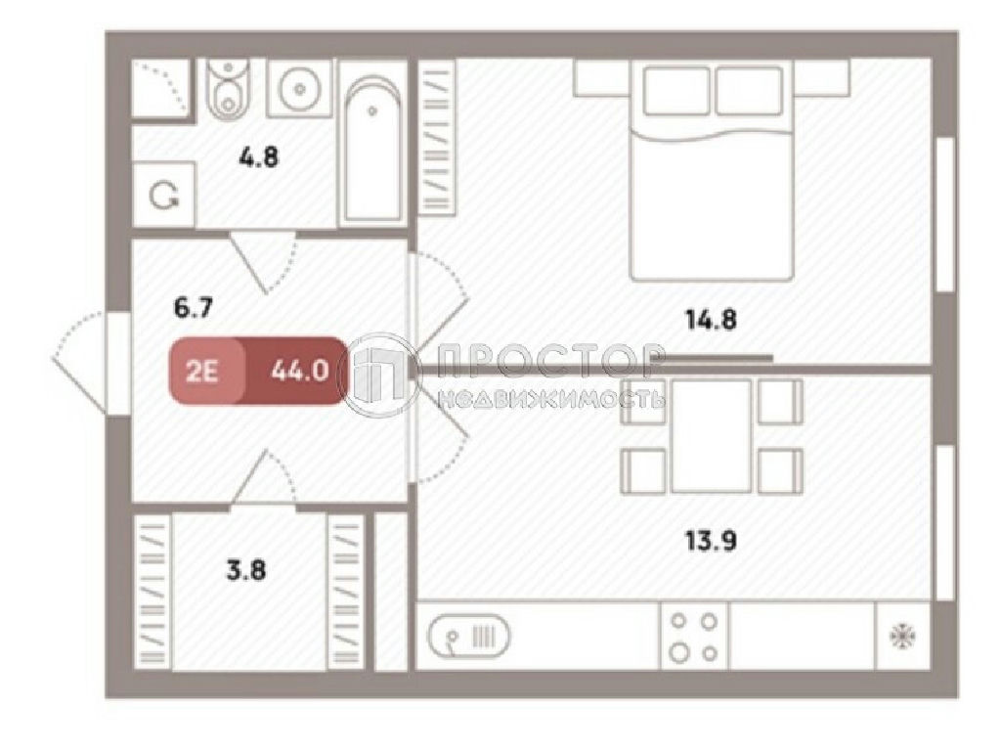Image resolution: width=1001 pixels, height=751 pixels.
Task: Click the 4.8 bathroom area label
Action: tap(258, 156)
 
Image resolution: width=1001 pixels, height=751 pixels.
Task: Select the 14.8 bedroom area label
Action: tap(712, 320)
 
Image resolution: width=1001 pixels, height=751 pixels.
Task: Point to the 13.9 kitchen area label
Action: tap(712, 542)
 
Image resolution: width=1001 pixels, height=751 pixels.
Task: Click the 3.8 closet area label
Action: tap(246, 570)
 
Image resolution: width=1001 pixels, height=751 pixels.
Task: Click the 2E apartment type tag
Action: tap(202, 371)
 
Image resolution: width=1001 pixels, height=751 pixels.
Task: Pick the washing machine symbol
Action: tap(164, 195)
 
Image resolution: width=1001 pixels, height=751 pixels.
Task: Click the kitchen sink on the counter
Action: tap(469, 636)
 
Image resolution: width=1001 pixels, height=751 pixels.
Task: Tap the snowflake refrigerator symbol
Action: tap(903, 637)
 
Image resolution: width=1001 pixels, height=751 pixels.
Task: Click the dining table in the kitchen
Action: tap(712, 435)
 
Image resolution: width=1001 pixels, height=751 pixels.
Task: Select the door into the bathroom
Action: tap(263, 262)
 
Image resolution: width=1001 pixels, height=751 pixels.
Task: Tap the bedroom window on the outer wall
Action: tap(945, 215)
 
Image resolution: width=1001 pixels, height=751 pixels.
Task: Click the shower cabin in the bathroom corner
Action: tap(161, 88)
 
